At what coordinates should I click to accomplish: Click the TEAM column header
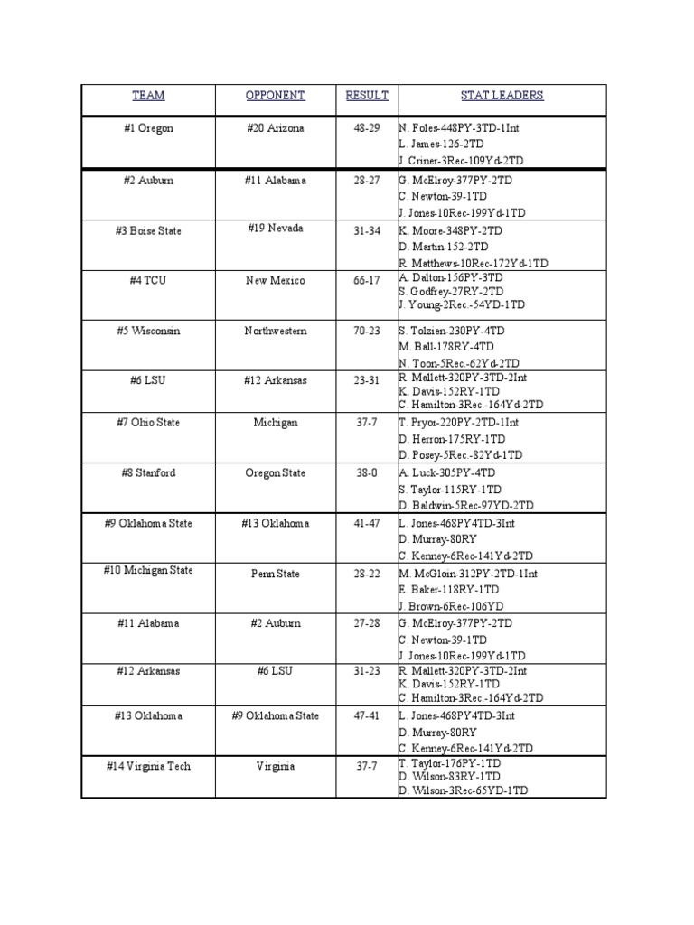pos(148,96)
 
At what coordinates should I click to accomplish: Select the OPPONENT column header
pos(276,96)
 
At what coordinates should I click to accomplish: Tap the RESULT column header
pos(367,96)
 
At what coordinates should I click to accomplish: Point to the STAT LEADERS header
pos(502,96)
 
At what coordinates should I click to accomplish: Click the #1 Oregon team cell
pos(148,128)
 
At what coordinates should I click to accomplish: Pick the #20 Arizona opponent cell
pos(276,128)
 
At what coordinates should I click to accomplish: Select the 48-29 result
pos(367,128)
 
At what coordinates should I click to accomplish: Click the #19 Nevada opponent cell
pos(276,229)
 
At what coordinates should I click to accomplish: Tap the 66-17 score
pos(367,281)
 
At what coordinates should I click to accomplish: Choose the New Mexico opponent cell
pos(276,281)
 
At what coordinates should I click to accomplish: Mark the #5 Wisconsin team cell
pos(148,332)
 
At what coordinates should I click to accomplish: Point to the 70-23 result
pos(367,332)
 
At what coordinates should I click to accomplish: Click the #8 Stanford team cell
pos(148,473)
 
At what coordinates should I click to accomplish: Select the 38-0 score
pos(367,473)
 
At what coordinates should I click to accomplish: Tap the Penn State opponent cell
pos(276,574)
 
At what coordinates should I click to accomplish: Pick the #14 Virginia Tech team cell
pos(148,767)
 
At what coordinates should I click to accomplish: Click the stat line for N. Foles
pos(458,128)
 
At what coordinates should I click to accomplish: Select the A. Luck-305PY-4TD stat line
pos(446,473)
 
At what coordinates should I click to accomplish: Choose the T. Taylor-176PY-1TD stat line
pos(450,763)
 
